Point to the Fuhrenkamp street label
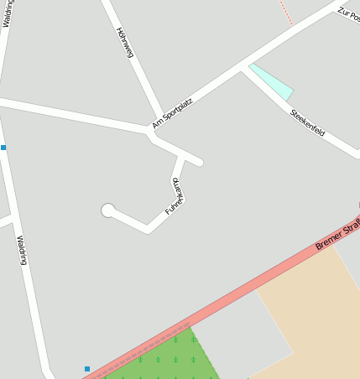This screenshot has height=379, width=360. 175,196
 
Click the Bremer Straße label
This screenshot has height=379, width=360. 336,235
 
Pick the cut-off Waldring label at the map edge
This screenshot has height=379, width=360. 7,13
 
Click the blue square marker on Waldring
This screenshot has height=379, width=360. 3,148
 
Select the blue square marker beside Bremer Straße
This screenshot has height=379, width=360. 86,368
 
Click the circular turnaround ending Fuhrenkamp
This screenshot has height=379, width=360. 107,210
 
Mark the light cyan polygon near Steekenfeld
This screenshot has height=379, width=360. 273,81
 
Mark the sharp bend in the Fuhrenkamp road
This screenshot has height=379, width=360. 149,228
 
